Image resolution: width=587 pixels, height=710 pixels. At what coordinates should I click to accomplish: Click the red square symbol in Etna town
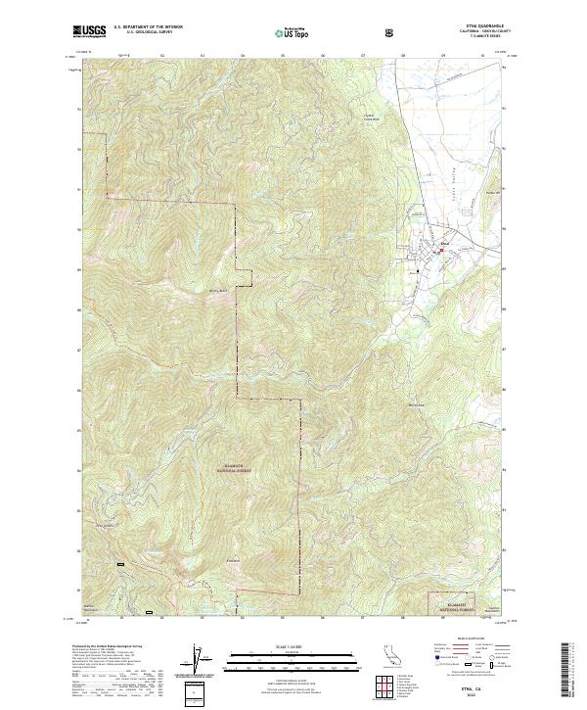click(x=440, y=250)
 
